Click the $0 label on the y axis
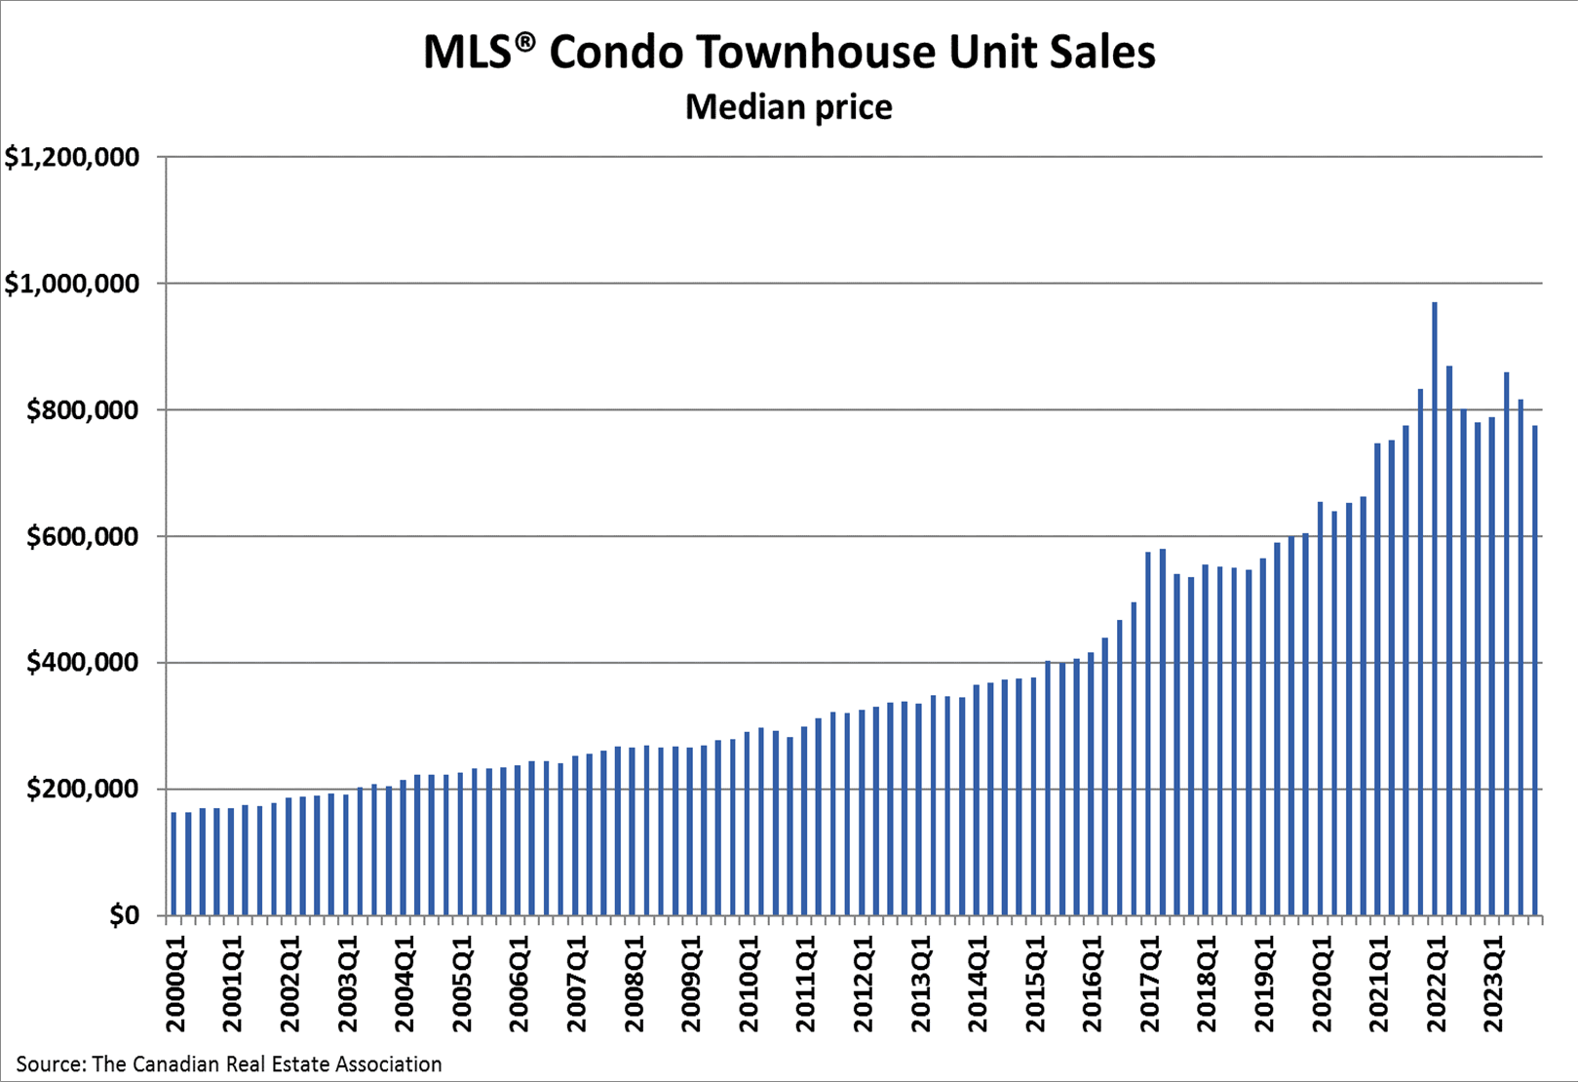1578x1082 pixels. point(125,916)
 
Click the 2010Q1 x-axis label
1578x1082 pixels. point(749,985)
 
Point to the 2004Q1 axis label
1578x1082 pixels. point(404,985)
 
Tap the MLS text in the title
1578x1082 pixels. point(467,53)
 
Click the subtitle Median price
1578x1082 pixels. point(789,106)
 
